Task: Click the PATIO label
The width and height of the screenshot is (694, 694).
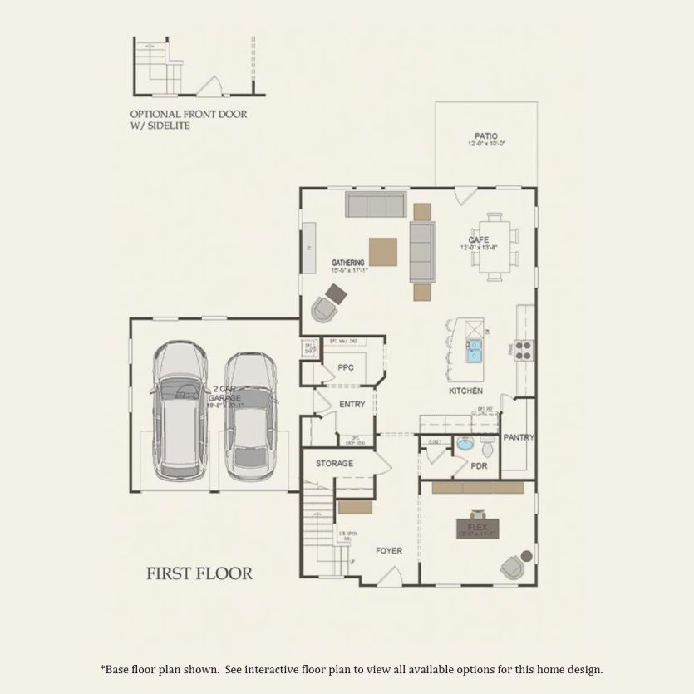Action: click(x=486, y=135)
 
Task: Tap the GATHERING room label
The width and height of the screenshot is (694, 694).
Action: click(x=348, y=262)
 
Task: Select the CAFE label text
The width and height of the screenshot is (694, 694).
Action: click(x=478, y=239)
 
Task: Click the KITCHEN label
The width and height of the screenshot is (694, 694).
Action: click(x=465, y=391)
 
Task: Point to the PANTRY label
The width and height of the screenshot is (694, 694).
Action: click(x=519, y=437)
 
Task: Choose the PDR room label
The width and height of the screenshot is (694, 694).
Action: click(x=479, y=466)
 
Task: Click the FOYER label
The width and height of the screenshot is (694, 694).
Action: click(x=389, y=550)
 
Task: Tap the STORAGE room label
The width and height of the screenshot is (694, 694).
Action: click(x=334, y=464)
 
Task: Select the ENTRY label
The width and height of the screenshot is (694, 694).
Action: click(x=352, y=405)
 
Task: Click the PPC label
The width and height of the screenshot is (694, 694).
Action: click(x=346, y=367)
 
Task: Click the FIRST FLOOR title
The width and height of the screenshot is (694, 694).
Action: click(x=199, y=573)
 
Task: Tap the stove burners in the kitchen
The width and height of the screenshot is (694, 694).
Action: click(x=524, y=349)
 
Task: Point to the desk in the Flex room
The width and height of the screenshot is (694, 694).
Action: click(x=478, y=528)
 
